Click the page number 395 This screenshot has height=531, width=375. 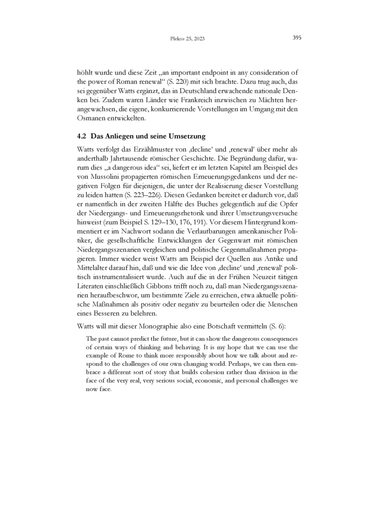(x=297, y=38)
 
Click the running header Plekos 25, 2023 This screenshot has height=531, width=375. (x=187, y=38)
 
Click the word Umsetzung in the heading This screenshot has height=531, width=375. (x=187, y=137)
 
